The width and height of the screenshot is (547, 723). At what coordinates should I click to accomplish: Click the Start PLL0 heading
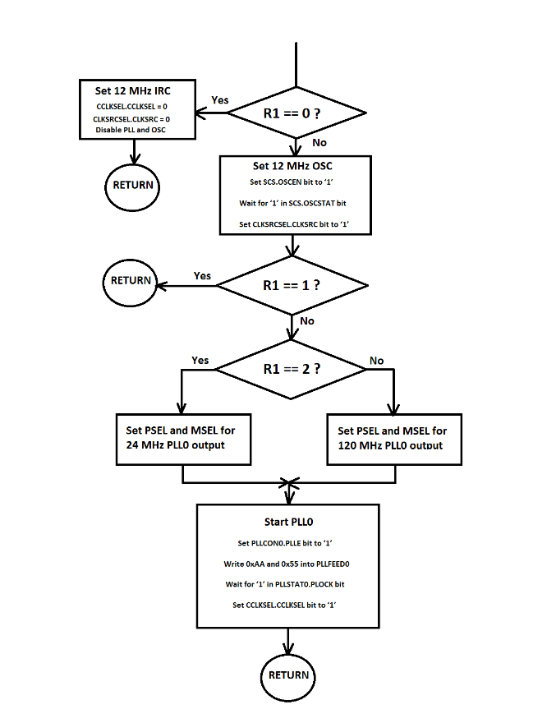click(x=287, y=522)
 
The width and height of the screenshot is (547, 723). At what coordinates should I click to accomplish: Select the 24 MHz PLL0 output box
click(x=182, y=438)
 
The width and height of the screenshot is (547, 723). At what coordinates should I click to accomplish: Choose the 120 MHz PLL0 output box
click(x=393, y=438)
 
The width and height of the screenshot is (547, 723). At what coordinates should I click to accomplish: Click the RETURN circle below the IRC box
click(x=133, y=185)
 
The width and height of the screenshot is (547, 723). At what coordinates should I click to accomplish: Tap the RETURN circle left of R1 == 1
click(x=131, y=280)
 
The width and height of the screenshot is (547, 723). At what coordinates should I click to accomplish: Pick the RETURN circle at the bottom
click(x=288, y=675)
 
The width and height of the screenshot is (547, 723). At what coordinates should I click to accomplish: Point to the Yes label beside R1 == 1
click(x=202, y=275)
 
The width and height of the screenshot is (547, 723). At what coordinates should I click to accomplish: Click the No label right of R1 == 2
click(x=376, y=360)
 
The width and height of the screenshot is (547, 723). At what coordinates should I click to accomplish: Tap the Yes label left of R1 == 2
click(x=200, y=360)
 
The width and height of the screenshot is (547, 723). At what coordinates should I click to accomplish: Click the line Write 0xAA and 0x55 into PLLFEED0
click(x=287, y=564)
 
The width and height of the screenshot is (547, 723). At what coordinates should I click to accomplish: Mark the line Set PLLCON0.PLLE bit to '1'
click(x=287, y=543)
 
